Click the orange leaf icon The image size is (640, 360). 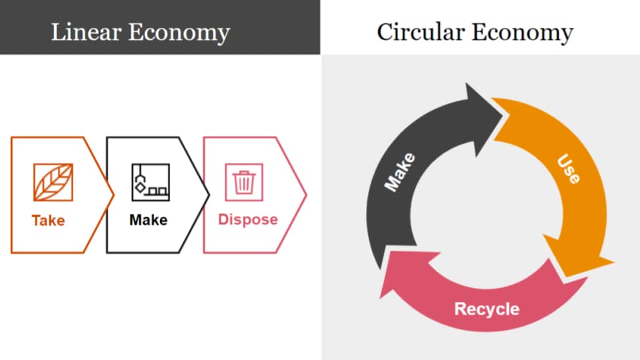53,182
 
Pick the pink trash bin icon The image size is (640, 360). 244,182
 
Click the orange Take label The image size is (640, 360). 48,220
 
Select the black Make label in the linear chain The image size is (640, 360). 148,220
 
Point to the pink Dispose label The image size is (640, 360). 248,220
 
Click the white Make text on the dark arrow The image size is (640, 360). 400,172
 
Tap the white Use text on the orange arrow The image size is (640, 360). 569,169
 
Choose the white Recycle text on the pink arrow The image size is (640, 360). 486,309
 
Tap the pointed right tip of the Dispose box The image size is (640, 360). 305,195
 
